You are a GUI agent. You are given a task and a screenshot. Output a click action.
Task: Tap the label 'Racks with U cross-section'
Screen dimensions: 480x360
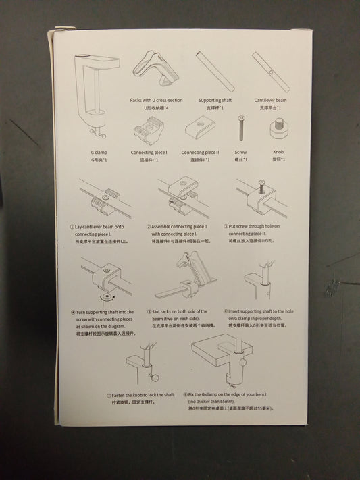[156, 101]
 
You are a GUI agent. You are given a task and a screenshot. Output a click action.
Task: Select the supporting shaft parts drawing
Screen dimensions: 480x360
[215, 72]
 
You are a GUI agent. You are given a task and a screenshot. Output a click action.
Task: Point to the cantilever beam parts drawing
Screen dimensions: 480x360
[270, 72]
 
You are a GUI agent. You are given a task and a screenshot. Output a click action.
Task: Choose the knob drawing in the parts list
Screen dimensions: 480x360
[278, 129]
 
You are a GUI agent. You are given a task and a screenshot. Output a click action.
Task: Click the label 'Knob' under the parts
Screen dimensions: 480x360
[278, 153]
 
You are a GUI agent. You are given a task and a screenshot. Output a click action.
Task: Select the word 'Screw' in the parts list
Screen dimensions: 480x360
[240, 153]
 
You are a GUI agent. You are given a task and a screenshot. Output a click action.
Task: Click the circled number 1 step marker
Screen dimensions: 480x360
[72, 227]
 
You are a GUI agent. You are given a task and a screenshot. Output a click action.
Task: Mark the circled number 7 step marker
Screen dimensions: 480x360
[109, 395]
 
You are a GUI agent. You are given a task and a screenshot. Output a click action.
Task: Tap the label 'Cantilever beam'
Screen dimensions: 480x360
[270, 101]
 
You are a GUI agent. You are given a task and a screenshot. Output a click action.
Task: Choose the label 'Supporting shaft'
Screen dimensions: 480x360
[215, 101]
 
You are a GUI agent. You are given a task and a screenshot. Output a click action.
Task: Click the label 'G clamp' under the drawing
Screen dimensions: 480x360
[99, 153]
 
